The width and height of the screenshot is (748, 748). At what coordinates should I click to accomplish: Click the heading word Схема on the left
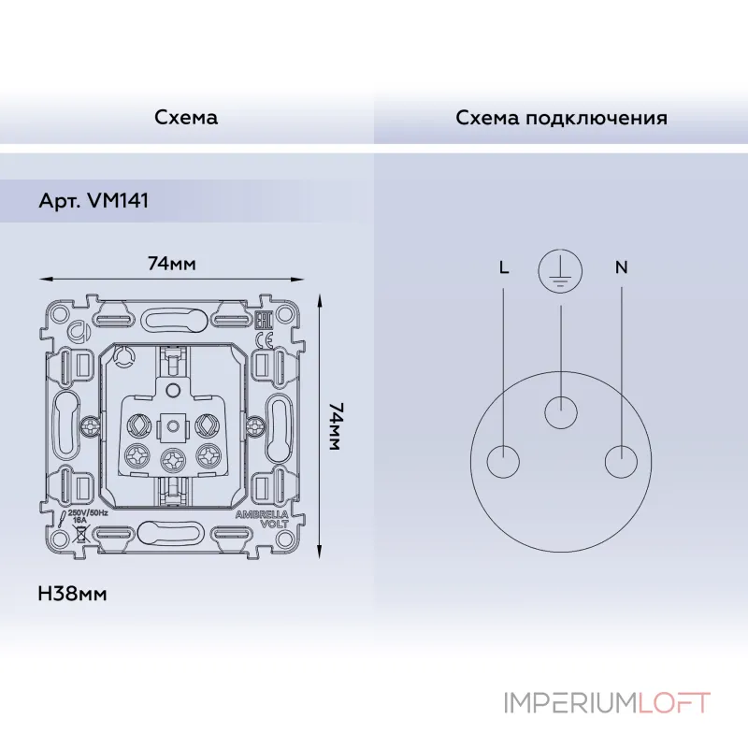pyautogui.click(x=186, y=118)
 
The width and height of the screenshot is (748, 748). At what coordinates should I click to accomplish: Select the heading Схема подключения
pyautogui.click(x=561, y=118)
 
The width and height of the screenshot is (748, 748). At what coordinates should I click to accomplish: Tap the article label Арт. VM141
pyautogui.click(x=93, y=200)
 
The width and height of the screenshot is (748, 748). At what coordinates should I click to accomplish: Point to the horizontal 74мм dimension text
pyautogui.click(x=172, y=264)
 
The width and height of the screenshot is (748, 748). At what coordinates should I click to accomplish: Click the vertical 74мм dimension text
pyautogui.click(x=335, y=426)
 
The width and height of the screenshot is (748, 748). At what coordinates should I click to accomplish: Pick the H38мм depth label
pyautogui.click(x=73, y=595)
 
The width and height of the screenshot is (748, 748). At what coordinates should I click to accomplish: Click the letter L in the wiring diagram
pyautogui.click(x=504, y=267)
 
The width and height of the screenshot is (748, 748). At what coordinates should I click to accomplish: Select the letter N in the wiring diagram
pyautogui.click(x=621, y=267)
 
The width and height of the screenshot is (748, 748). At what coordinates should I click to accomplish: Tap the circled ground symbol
pyautogui.click(x=560, y=270)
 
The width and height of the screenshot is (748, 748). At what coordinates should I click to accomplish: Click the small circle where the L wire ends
pyautogui.click(x=503, y=461)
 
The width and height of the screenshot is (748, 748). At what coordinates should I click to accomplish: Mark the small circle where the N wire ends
pyautogui.click(x=621, y=461)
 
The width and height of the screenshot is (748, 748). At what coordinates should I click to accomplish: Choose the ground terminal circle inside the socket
pyautogui.click(x=561, y=412)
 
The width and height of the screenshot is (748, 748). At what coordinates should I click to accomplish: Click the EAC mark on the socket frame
pyautogui.click(x=264, y=321)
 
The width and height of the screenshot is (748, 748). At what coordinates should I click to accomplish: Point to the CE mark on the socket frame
pyautogui.click(x=265, y=341)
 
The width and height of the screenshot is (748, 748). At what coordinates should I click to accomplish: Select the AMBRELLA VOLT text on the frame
pyautogui.click(x=263, y=519)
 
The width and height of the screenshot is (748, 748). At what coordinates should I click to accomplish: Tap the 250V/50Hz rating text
pyautogui.click(x=88, y=512)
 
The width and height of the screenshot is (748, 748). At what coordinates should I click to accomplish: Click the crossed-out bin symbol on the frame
pyautogui.click(x=81, y=534)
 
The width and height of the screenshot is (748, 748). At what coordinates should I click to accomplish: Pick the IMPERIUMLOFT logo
pyautogui.click(x=608, y=703)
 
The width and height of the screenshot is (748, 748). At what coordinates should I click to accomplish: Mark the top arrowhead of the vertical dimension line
pyautogui.click(x=320, y=295)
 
